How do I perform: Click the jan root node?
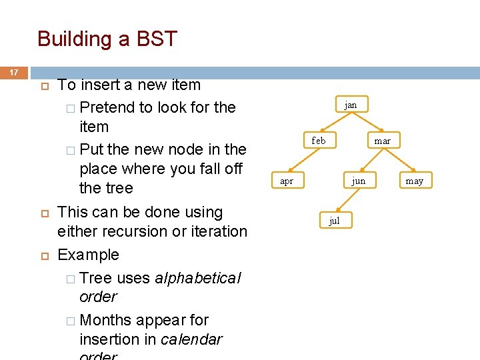point(351,105)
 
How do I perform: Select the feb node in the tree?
point(319,141)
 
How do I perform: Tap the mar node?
point(383,141)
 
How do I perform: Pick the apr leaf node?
point(286,181)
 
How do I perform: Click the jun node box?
point(359,181)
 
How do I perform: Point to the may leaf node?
point(415,181)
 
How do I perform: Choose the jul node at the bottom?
point(335,221)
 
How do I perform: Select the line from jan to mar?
point(367,123)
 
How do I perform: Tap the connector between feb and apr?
point(302,161)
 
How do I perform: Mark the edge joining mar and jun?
point(371,161)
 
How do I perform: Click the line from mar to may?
point(399,161)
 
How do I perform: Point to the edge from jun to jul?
point(347,201)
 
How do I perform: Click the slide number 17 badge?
point(13,72)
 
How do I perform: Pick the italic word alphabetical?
point(197,278)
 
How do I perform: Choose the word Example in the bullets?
point(89,255)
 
